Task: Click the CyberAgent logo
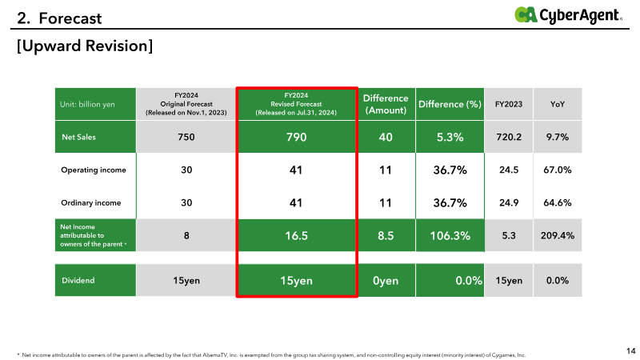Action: (x=568, y=15)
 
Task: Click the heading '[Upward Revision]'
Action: (x=85, y=46)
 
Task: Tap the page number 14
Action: (x=631, y=350)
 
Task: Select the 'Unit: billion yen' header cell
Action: (x=95, y=104)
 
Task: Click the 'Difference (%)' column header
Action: (x=450, y=104)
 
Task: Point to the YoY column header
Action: (x=557, y=104)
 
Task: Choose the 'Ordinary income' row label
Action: (x=91, y=203)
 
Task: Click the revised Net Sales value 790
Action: (x=296, y=137)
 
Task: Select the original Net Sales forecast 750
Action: (x=186, y=137)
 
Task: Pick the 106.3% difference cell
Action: (x=450, y=235)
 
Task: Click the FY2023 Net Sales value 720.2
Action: (x=509, y=137)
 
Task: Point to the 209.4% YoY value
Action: (x=557, y=235)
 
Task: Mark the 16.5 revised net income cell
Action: (x=296, y=235)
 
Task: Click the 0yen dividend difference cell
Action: (x=386, y=281)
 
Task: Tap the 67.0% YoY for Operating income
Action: (x=557, y=170)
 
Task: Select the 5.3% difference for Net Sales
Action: (x=450, y=137)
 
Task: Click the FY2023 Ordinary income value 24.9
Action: (x=509, y=203)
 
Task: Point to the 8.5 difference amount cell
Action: (x=386, y=235)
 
